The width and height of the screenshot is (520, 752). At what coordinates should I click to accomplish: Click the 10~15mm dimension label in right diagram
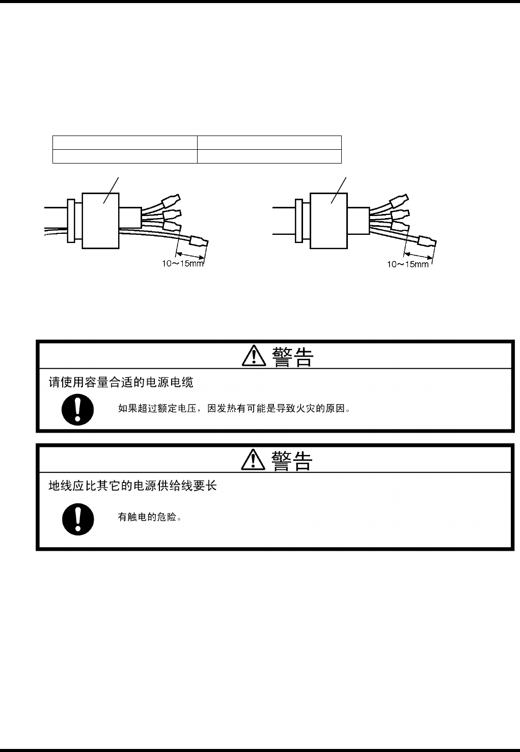[408, 264]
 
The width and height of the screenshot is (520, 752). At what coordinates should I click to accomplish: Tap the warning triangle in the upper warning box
[253, 356]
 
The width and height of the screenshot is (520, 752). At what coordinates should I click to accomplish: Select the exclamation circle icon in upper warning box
[78, 410]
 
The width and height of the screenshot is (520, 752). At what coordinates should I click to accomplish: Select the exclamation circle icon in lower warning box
[78, 519]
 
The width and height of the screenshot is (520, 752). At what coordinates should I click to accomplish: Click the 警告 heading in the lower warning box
[292, 461]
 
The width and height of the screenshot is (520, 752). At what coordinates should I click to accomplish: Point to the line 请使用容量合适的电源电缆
[121, 382]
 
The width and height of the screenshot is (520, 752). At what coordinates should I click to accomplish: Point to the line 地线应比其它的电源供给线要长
[132, 486]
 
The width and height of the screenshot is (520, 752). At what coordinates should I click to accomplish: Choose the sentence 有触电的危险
[150, 517]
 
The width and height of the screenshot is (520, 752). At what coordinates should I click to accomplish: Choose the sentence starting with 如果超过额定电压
[234, 409]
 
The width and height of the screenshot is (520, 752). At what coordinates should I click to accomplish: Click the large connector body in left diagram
[101, 220]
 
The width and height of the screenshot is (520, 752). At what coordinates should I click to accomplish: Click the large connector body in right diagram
[329, 220]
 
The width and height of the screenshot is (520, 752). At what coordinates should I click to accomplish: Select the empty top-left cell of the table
[125, 143]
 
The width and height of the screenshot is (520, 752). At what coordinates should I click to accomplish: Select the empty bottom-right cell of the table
[269, 156]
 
